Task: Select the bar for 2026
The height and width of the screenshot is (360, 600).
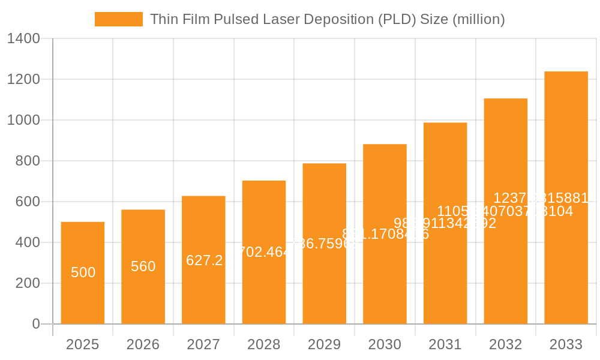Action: click(x=143, y=294)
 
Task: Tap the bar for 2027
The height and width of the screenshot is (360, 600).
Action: click(x=203, y=288)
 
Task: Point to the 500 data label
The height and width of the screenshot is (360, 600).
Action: click(x=83, y=272)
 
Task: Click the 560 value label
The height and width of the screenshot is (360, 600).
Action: click(x=143, y=266)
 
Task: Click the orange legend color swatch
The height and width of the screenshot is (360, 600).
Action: click(x=119, y=19)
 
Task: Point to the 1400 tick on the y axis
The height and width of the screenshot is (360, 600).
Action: click(x=23, y=39)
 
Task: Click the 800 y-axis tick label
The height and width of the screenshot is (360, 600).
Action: click(x=28, y=161)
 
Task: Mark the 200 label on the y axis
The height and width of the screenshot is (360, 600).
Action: click(x=28, y=283)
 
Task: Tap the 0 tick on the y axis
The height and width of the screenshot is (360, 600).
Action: click(x=36, y=324)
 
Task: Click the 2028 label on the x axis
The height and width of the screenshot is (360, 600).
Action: click(x=264, y=345)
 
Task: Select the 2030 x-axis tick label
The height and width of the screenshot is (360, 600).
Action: click(x=385, y=345)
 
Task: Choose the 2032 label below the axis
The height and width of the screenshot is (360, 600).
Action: click(x=505, y=345)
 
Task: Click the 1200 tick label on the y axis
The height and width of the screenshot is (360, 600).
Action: click(x=23, y=80)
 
